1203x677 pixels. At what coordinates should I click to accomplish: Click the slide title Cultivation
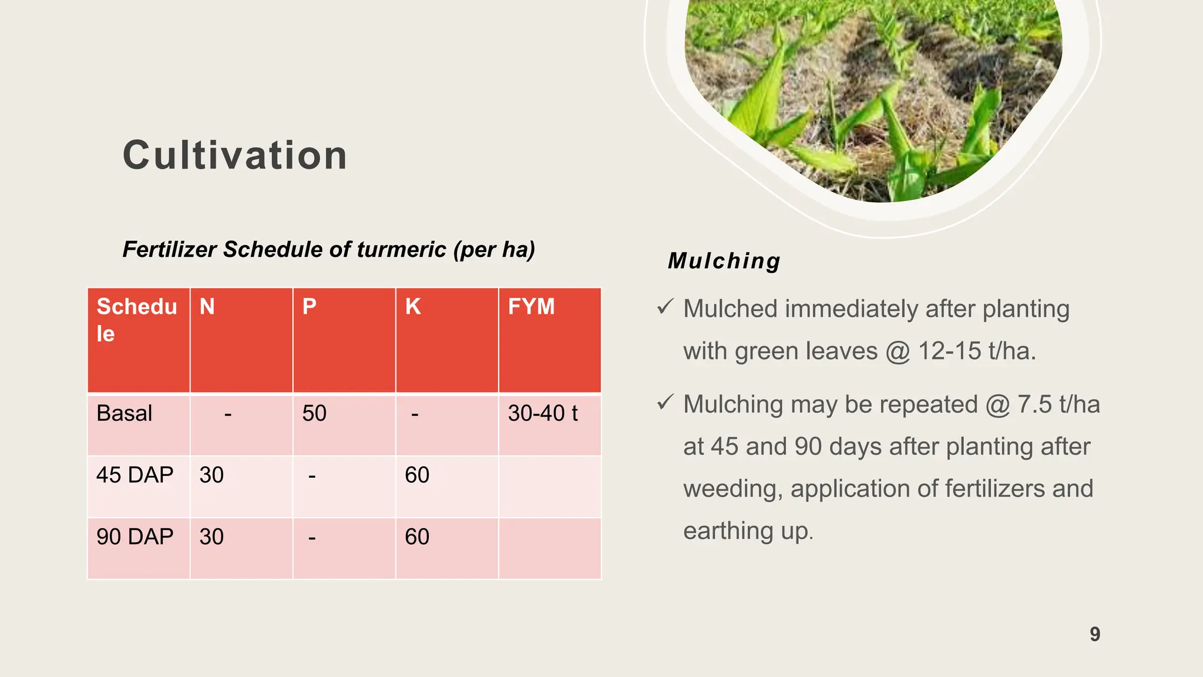click(235, 156)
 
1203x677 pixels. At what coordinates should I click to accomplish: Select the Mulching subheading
click(724, 261)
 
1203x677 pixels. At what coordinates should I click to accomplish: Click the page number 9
click(1095, 634)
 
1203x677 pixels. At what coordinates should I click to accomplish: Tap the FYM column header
click(531, 307)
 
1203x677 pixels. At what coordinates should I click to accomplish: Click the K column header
click(413, 307)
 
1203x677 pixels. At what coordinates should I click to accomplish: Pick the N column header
click(207, 307)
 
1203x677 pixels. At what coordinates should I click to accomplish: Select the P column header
click(310, 307)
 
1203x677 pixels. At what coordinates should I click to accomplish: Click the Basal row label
click(125, 413)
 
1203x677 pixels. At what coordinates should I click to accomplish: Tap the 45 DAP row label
click(135, 475)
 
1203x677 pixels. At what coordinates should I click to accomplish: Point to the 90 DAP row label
click(135, 537)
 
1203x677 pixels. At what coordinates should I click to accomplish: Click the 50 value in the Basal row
click(314, 413)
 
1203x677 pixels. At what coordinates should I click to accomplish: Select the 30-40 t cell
click(543, 413)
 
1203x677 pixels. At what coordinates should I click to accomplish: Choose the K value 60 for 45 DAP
click(417, 475)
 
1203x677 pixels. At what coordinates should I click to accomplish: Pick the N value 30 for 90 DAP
click(211, 537)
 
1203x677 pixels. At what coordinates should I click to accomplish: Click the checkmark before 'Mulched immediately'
click(665, 306)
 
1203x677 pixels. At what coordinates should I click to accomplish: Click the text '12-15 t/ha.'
click(977, 351)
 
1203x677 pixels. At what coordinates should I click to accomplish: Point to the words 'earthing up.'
click(748, 531)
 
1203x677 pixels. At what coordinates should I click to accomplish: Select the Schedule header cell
click(136, 320)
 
